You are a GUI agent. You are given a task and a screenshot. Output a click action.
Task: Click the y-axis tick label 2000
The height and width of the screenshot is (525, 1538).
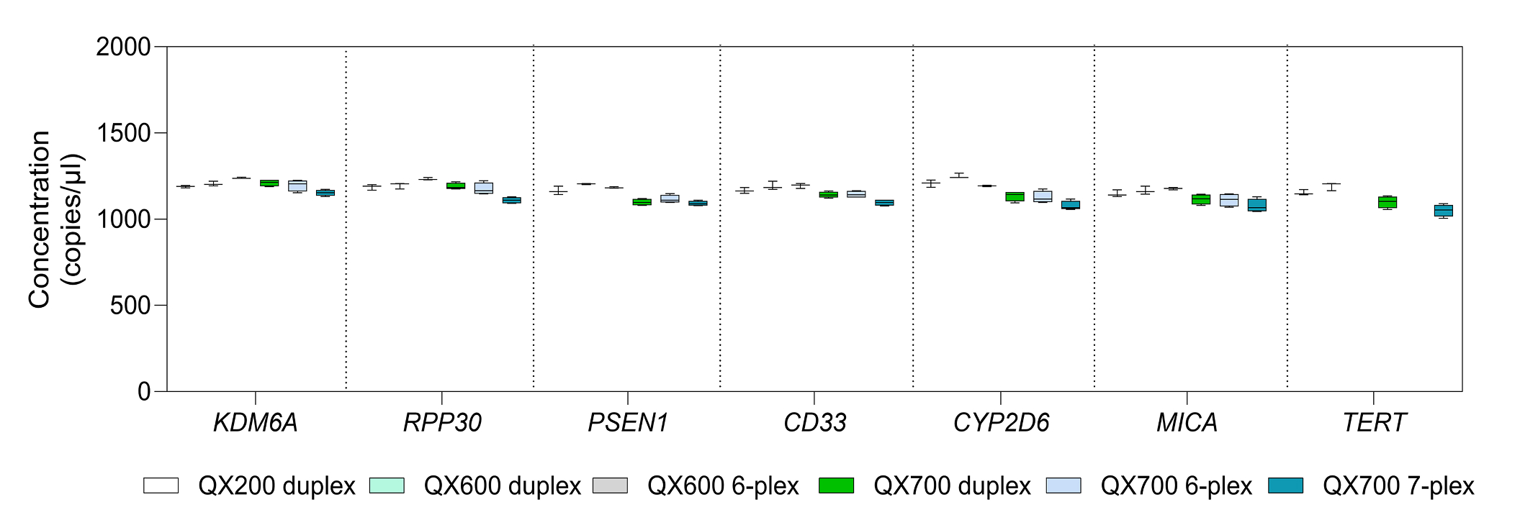click(123, 47)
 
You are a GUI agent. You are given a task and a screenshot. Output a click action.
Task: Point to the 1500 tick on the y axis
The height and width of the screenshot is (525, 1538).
click(123, 133)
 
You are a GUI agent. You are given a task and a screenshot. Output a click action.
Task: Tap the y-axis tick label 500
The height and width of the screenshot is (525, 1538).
click(130, 306)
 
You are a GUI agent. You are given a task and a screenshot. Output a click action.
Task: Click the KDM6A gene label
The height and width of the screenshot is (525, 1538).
click(256, 423)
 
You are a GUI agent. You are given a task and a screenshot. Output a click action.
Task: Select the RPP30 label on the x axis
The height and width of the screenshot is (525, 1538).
click(442, 423)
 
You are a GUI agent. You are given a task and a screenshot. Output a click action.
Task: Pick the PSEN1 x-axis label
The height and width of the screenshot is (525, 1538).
click(628, 423)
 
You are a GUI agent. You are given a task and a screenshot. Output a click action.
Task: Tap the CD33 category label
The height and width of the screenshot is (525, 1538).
click(814, 423)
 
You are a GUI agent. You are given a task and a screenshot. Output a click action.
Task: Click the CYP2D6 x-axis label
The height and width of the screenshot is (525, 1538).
click(1001, 423)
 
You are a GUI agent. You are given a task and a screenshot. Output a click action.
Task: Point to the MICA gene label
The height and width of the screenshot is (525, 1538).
click(1187, 423)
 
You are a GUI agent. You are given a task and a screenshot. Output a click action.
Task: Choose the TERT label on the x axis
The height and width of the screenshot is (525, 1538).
click(1374, 423)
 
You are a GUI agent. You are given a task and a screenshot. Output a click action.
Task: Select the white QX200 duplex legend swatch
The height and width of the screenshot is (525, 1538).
click(161, 485)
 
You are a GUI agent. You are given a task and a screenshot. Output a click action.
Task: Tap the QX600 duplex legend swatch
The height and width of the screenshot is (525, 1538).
click(387, 485)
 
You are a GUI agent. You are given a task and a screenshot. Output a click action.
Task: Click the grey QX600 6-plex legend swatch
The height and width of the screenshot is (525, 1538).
click(610, 485)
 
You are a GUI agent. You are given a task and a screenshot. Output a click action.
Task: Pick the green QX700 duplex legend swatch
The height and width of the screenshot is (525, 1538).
click(836, 485)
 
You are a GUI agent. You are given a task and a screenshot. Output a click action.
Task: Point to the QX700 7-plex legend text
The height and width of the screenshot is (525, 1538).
click(1398, 486)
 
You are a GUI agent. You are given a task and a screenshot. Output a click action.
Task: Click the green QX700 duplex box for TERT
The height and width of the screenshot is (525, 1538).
click(1388, 202)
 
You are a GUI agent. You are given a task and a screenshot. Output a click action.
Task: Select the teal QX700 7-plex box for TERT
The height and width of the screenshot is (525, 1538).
click(1443, 211)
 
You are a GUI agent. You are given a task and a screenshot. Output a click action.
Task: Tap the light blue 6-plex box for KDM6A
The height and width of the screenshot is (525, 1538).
click(297, 186)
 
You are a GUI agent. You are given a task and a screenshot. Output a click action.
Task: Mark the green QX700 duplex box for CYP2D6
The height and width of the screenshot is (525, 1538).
click(1015, 196)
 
